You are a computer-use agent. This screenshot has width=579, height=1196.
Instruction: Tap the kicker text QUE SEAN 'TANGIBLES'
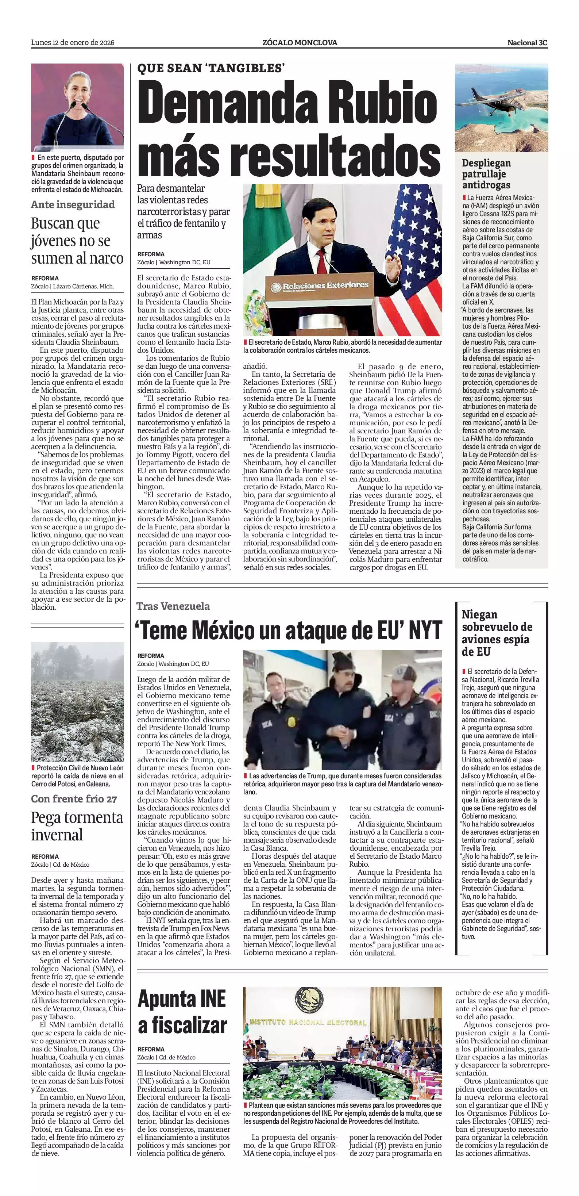211,69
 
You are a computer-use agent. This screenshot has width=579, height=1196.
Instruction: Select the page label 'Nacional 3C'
527,43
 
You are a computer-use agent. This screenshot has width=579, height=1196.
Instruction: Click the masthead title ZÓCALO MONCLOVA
300,43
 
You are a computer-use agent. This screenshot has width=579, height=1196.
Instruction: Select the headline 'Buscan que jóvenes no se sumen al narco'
77,241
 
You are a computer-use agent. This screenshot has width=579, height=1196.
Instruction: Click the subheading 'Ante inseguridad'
73,204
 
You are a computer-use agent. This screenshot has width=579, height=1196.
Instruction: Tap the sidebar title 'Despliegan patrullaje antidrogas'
486,174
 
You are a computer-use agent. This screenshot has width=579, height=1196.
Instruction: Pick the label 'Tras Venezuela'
173,606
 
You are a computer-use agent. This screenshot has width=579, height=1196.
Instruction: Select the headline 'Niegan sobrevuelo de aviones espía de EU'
497,633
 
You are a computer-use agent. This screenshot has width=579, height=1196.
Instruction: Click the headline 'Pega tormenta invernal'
77,825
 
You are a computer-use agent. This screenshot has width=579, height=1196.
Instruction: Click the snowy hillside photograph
77,702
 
